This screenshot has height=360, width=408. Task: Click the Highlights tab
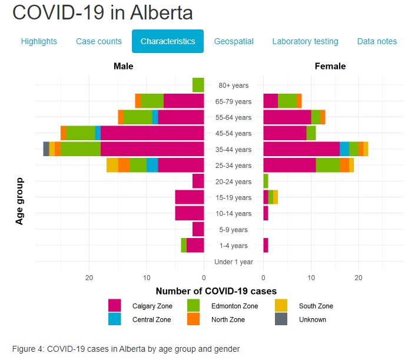[39, 41]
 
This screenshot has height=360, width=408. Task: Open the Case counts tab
[99, 41]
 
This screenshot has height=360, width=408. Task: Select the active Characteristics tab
[168, 41]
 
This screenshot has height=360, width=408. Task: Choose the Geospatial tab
[234, 41]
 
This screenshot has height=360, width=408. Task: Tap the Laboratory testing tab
[305, 41]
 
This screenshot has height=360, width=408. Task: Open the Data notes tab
[377, 41]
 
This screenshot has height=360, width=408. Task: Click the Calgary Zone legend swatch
[115, 306]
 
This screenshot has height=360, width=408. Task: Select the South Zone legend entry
[316, 306]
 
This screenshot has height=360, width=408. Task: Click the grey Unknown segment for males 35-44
[47, 149]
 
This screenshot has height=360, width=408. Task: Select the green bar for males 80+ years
[198, 85]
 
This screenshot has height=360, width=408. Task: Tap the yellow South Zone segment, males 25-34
[112, 165]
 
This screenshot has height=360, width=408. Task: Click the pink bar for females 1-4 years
[266, 245]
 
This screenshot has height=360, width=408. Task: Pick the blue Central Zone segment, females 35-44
[344, 149]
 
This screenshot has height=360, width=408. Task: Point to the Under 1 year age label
[234, 262]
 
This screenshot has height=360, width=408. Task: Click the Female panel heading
[330, 66]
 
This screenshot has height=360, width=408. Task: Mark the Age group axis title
[19, 201]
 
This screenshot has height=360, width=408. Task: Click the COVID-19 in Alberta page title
[102, 12]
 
